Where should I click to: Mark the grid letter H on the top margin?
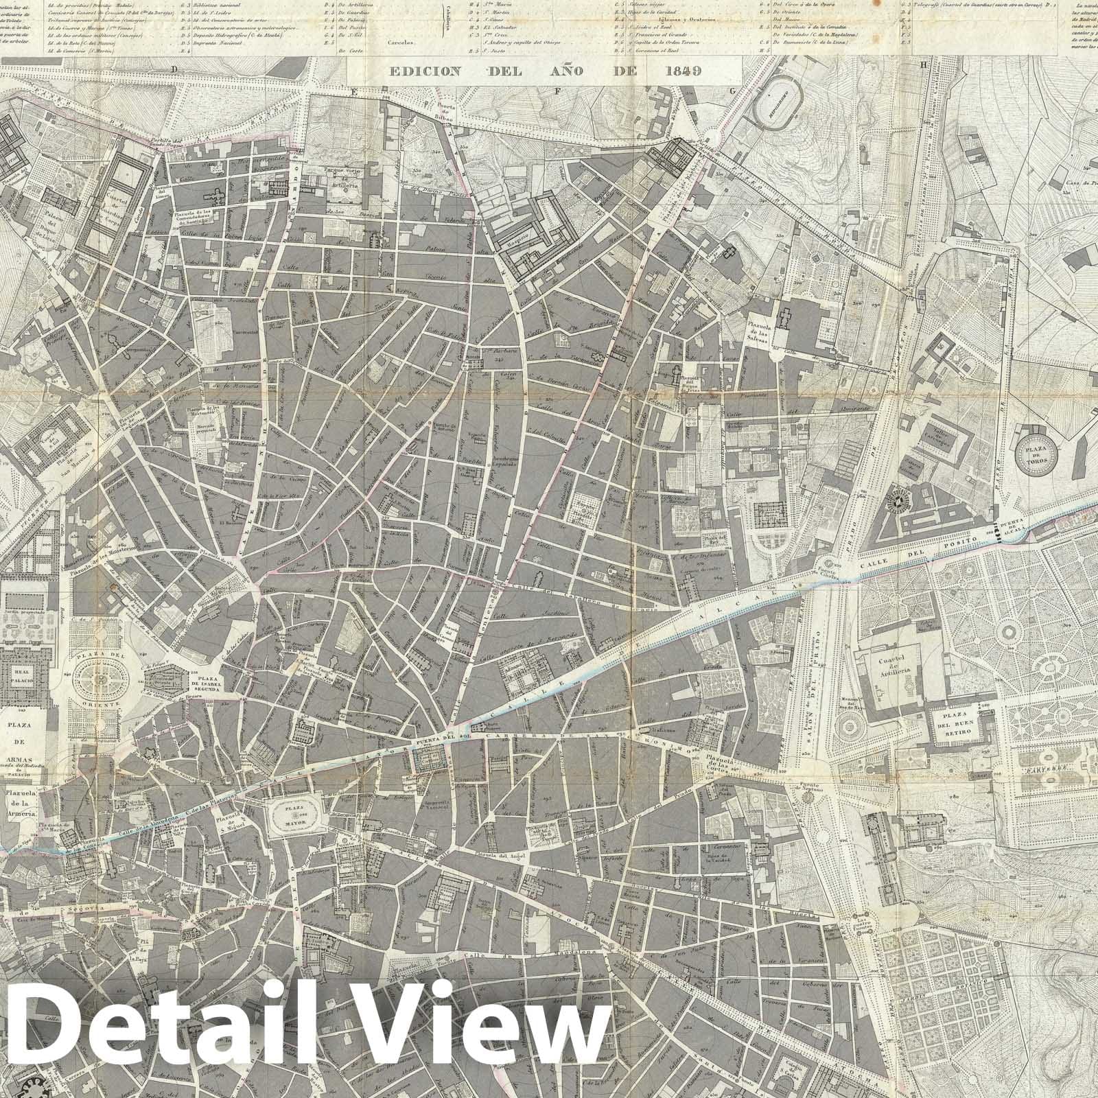click(924, 65)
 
